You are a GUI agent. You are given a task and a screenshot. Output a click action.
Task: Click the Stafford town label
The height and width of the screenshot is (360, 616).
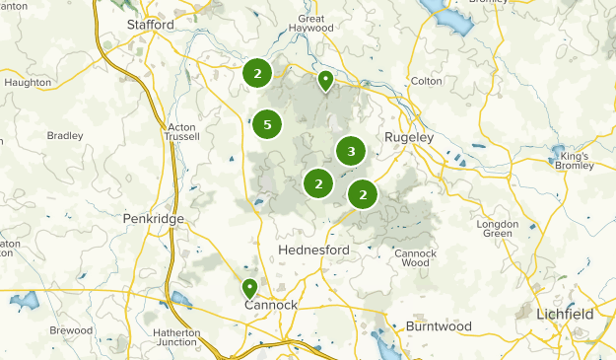tap(150, 24)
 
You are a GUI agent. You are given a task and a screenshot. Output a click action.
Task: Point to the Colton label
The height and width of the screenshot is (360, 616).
tap(426, 82)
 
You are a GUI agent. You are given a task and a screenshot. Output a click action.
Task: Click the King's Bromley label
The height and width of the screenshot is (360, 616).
tap(574, 162)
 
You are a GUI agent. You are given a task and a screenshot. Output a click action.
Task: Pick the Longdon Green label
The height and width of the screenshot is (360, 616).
tap(498, 229)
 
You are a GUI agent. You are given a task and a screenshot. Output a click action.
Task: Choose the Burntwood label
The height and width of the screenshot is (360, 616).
tap(439, 326)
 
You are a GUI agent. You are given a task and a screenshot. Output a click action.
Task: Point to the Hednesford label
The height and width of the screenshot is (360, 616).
tap(313, 251)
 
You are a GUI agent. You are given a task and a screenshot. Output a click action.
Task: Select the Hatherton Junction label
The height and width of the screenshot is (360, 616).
tap(177, 338)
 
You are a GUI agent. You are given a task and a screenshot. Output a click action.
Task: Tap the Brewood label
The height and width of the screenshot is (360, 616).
tap(71, 330)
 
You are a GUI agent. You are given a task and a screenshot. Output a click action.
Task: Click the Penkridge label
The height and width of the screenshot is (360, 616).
tap(149, 217)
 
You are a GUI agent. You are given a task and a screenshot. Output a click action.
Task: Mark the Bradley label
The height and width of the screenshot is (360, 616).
tap(65, 136)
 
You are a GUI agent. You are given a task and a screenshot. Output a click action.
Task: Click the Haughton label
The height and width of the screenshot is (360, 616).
tap(28, 83)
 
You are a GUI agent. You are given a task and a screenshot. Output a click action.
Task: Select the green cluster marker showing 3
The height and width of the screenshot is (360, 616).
tap(351, 151)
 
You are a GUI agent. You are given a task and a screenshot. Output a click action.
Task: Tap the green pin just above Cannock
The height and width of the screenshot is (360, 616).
tap(249, 288)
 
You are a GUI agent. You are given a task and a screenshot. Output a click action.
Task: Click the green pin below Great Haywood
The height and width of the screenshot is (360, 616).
tap(324, 81)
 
